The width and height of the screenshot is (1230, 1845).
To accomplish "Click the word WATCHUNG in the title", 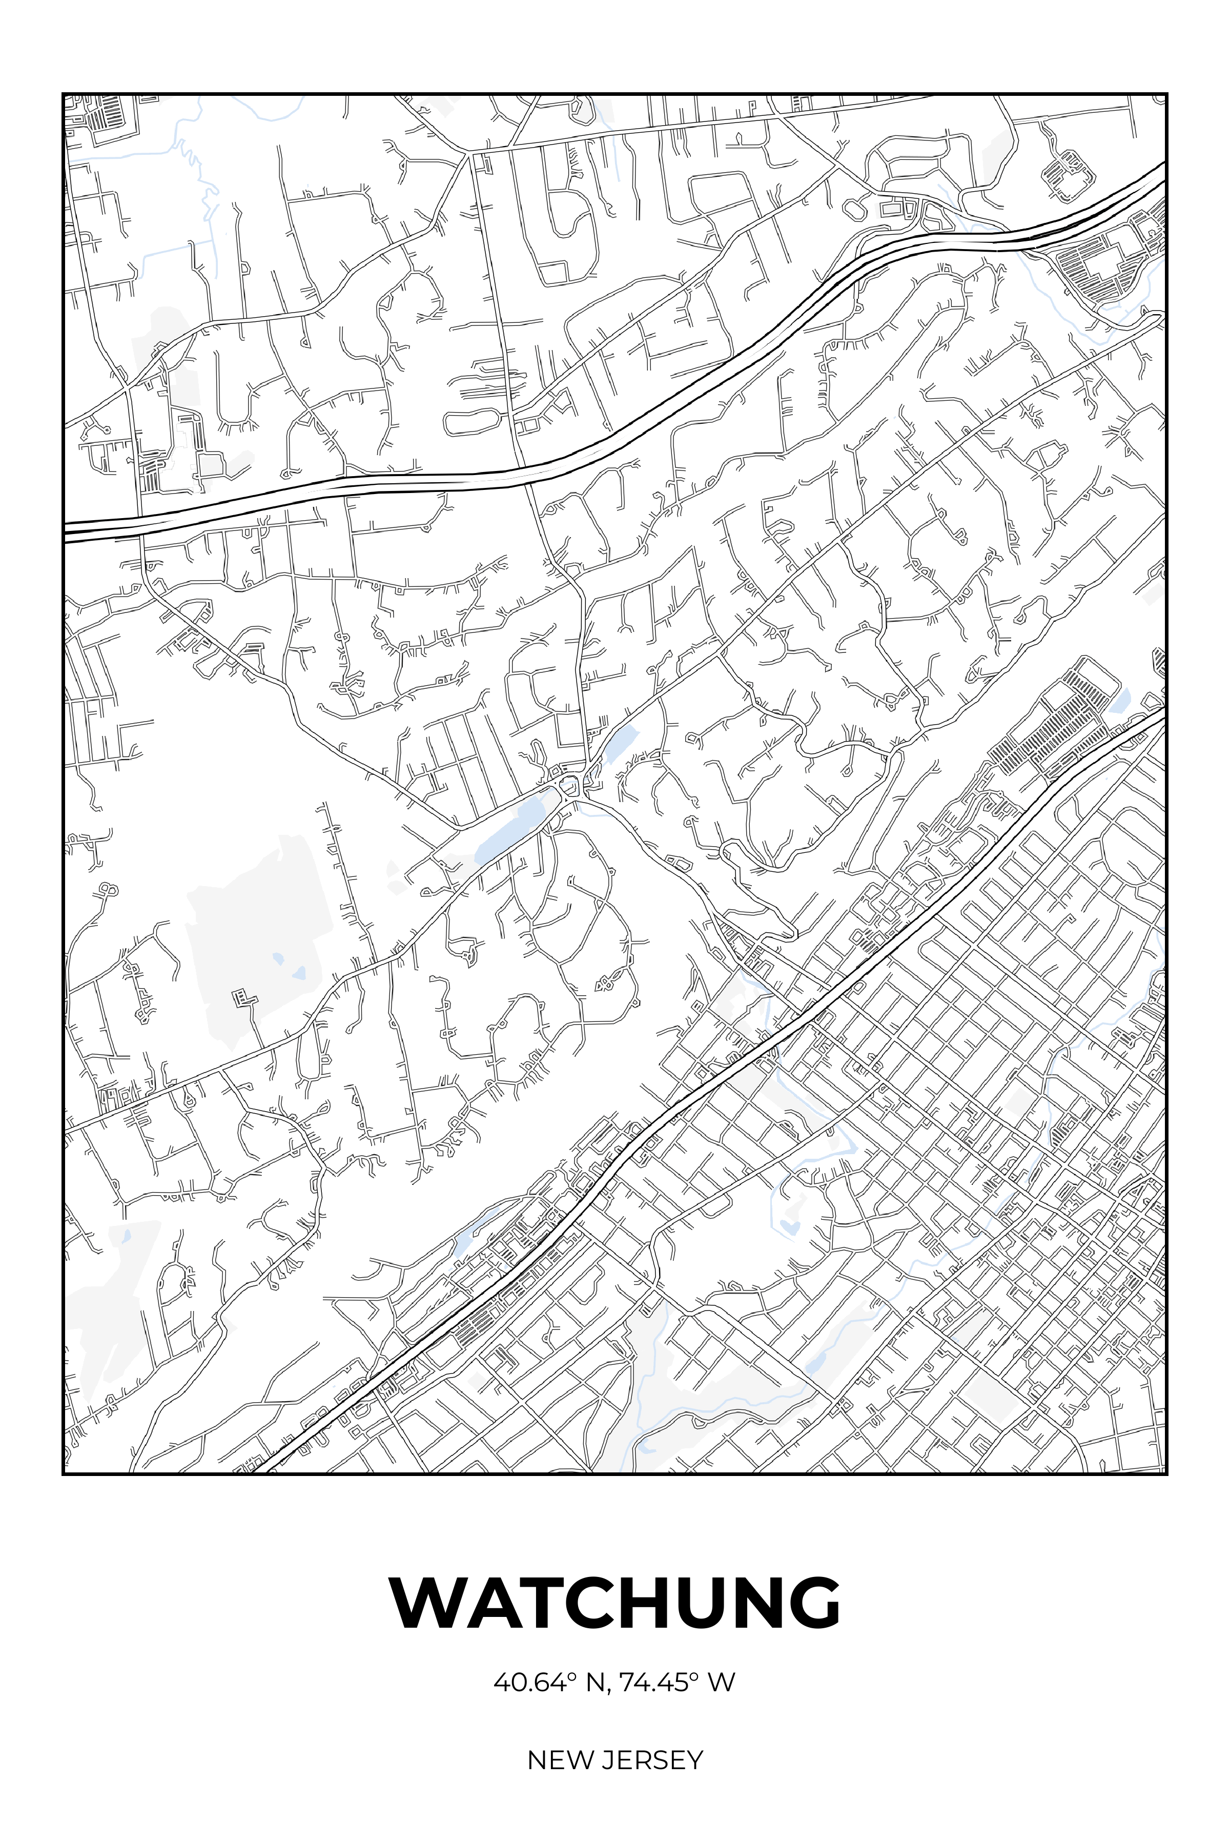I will coord(615,1603).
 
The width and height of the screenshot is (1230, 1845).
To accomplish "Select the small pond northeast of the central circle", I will coord(620,741).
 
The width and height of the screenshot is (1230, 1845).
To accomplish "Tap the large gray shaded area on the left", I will coord(251,941).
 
